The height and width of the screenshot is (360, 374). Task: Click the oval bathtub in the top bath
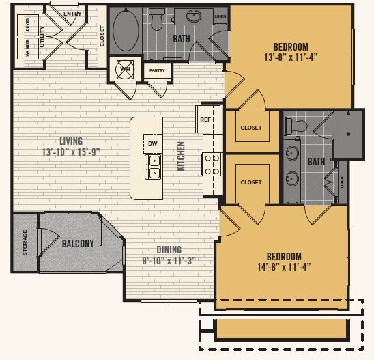click(x=126, y=30)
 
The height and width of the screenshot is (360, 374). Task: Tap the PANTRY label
click(x=156, y=69)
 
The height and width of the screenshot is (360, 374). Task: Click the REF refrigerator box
click(x=205, y=120)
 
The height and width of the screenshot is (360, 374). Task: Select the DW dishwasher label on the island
click(x=153, y=144)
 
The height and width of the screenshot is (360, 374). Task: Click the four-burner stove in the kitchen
click(x=212, y=164)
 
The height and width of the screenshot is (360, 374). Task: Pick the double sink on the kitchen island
click(x=153, y=167)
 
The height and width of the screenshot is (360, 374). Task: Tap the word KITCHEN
click(x=182, y=156)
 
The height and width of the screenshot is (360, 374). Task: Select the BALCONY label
click(x=78, y=243)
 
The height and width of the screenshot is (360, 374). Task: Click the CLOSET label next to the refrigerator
click(x=251, y=127)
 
